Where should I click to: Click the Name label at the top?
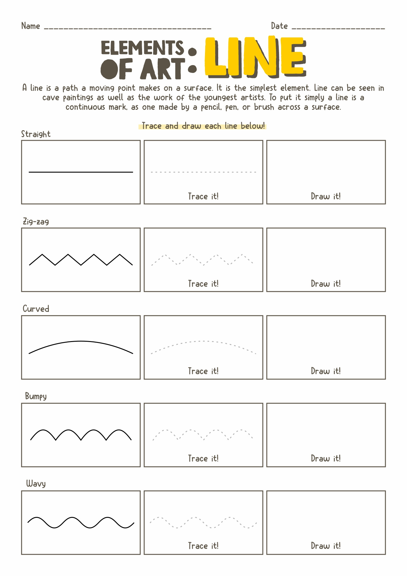coord(31,26)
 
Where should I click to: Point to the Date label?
coord(279,26)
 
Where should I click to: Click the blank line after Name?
coord(128,28)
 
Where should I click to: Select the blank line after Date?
coord(338,28)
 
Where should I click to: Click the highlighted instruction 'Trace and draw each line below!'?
coord(203,126)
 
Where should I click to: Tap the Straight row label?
coord(36,134)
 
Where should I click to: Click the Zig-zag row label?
coord(36,222)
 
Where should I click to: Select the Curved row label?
coord(36,309)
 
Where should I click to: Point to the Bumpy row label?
coord(36,396)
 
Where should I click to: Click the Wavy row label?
coord(36,484)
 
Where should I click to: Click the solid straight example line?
coord(81,172)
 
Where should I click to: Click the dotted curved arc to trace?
coord(203,342)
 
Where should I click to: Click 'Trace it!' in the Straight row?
coord(203,196)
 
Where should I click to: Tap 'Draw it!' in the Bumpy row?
coord(326,458)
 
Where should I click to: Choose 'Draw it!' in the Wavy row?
coord(326,546)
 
